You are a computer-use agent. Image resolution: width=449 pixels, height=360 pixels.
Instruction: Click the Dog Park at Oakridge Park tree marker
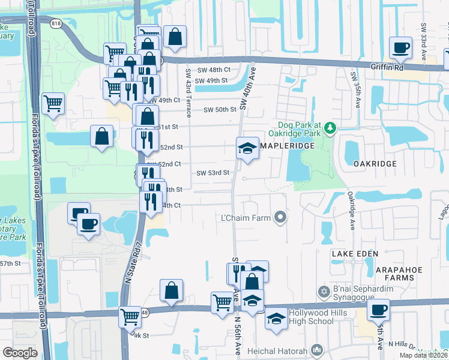click(330, 128)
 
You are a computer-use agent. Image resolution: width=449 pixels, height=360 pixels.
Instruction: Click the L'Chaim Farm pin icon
click(280, 217)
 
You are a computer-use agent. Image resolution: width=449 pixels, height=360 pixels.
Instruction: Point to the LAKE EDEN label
click(355, 254)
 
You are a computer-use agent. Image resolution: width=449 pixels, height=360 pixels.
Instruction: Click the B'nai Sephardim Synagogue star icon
click(324, 291)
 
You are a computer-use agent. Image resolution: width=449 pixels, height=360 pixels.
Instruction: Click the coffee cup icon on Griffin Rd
click(400, 48)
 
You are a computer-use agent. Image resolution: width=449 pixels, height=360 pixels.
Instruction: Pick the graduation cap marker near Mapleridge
click(247, 148)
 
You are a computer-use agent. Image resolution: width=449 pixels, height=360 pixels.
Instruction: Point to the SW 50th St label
click(220, 110)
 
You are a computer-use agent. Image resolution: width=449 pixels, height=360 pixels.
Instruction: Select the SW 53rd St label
click(214, 173)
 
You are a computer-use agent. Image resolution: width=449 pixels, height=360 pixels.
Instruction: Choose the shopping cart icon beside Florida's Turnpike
click(53, 104)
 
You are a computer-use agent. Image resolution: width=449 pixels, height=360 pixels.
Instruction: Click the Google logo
click(20, 353)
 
